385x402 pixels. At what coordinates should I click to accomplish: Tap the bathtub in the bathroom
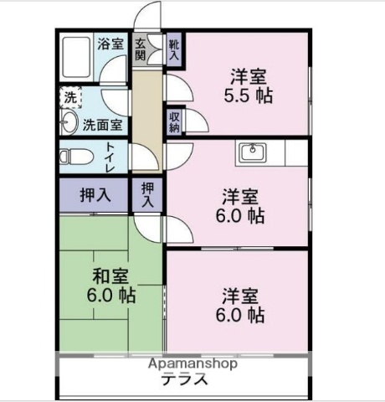[x=78, y=57]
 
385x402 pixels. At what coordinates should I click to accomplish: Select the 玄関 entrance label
[x=141, y=49]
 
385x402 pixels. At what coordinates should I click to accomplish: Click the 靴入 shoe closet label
[x=173, y=50]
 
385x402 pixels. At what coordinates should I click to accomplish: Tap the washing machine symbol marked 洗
[x=71, y=97]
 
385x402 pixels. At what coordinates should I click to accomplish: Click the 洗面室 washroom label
[x=102, y=124]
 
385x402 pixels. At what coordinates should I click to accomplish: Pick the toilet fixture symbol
[x=73, y=156]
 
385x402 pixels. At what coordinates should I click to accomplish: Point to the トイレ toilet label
[x=110, y=156]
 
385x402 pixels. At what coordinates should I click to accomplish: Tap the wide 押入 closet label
[x=95, y=195]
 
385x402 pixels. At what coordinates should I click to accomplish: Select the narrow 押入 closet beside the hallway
[x=148, y=195]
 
